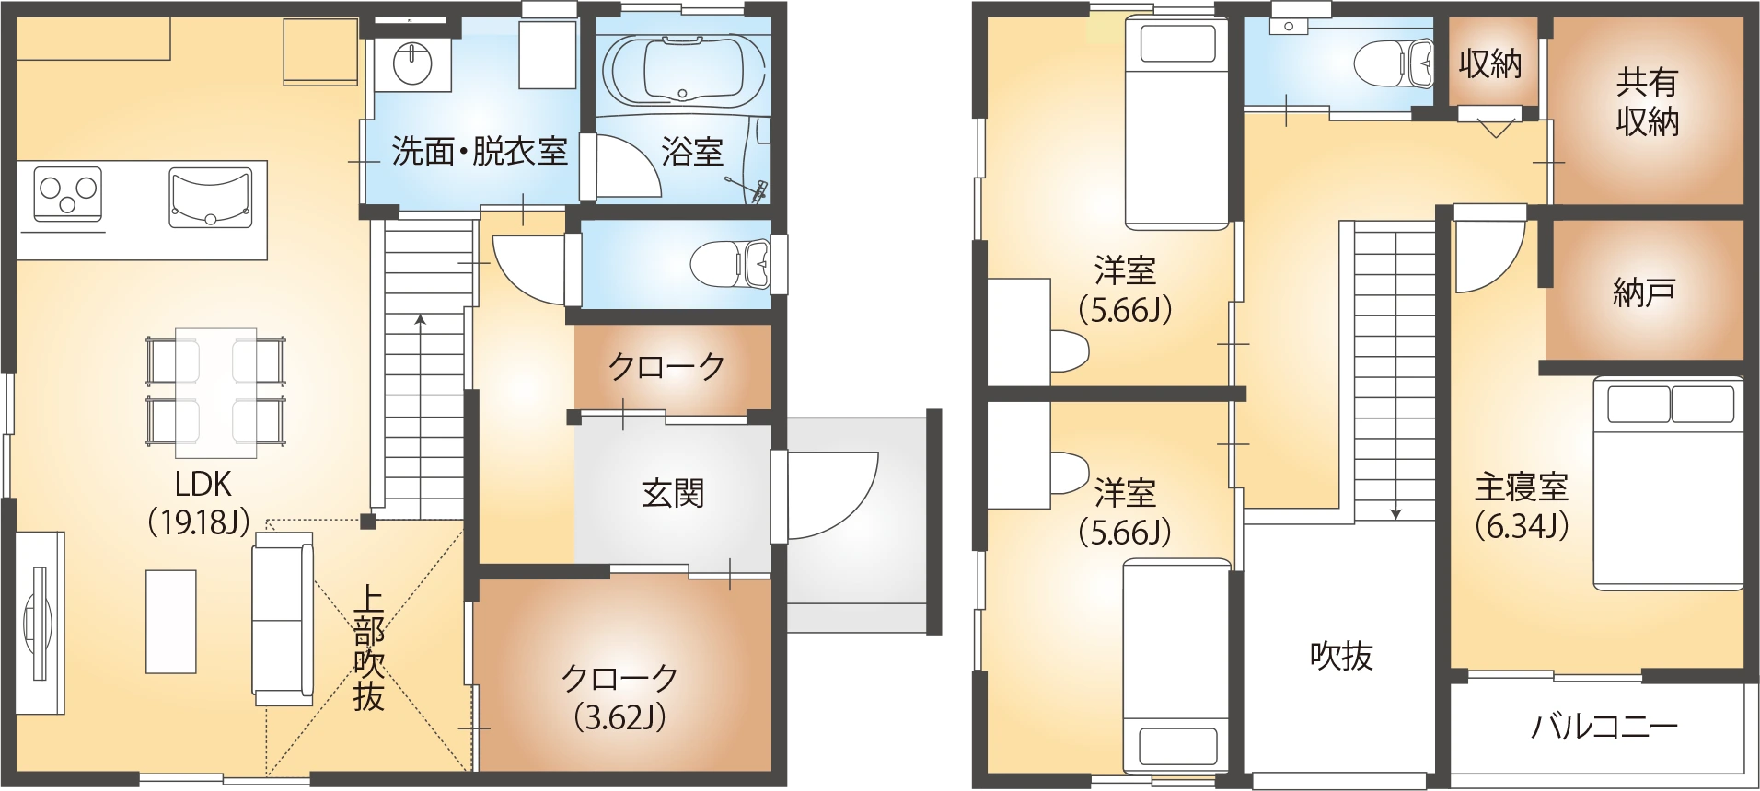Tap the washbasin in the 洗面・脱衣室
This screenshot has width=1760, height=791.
point(412,63)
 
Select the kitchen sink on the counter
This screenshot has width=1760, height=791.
point(211,196)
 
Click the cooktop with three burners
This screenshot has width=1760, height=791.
point(67,194)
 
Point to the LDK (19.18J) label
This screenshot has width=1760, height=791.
point(203,502)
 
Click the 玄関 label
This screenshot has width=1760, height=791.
point(673,494)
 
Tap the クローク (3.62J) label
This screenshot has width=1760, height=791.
point(619,697)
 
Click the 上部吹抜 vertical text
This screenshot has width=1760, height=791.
point(368,649)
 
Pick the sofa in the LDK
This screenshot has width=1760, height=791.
point(283,624)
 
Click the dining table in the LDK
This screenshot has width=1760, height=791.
point(216,393)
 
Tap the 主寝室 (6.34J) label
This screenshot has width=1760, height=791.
point(1521,505)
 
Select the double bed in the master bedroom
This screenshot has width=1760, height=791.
point(1669,483)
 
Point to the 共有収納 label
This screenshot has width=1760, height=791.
point(1647,102)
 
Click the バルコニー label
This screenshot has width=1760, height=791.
point(1604,727)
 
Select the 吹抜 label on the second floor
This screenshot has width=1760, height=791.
point(1341,656)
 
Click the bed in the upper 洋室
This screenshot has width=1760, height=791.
point(1177,124)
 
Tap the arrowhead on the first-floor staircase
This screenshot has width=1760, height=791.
point(421,320)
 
